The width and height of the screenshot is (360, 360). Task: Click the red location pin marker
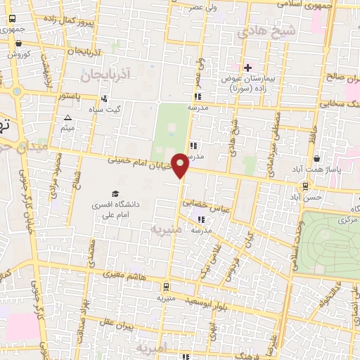pyautogui.click(x=181, y=165)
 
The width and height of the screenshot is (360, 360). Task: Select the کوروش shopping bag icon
pyautogui.click(x=18, y=43)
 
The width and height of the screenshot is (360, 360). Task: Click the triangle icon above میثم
pyautogui.click(x=67, y=117)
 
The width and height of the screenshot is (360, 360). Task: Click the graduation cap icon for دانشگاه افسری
pyautogui.click(x=115, y=193)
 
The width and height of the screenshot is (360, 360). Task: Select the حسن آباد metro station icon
pyautogui.click(x=305, y=186)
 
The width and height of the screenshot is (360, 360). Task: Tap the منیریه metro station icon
pyautogui.click(x=166, y=287)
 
